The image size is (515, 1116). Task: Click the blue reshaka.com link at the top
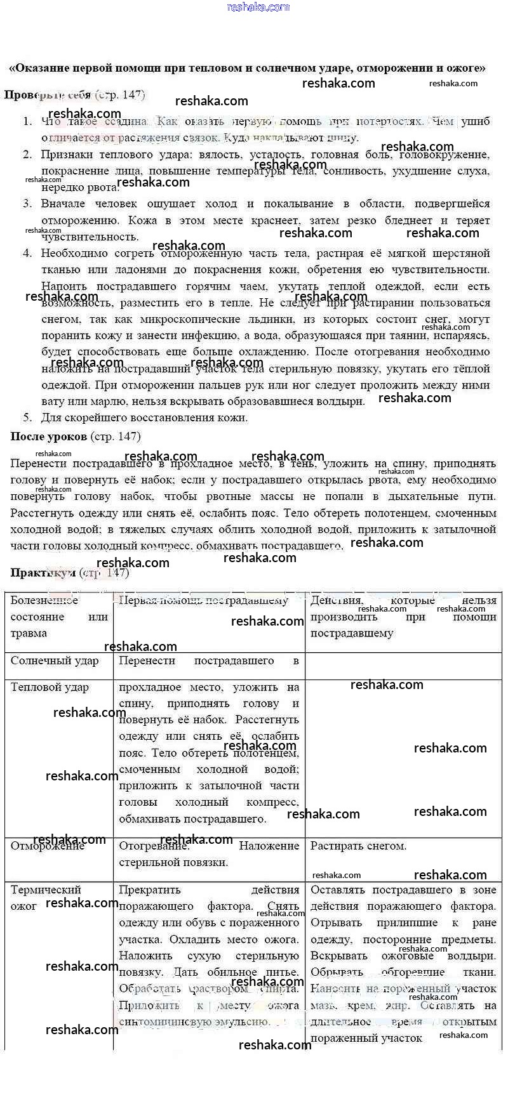tap(258, 7)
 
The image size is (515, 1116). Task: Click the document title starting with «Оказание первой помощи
tap(248, 68)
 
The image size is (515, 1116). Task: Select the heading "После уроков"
tap(49, 437)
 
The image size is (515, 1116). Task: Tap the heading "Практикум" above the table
tap(43, 573)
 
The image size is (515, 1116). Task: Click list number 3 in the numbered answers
tap(27, 204)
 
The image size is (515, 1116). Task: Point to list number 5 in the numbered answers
tap(27, 417)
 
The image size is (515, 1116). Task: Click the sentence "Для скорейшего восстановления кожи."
tap(144, 417)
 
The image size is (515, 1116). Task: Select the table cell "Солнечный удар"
tap(55, 661)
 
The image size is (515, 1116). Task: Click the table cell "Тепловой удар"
tap(50, 688)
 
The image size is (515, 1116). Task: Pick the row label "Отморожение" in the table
tap(48, 846)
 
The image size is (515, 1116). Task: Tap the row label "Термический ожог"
tap(46, 898)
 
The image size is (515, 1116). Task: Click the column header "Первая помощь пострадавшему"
tap(203, 601)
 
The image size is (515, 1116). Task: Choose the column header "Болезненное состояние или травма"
tap(58, 617)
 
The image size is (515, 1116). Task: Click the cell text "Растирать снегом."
tap(358, 846)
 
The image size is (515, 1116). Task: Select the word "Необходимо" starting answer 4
tap(74, 253)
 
